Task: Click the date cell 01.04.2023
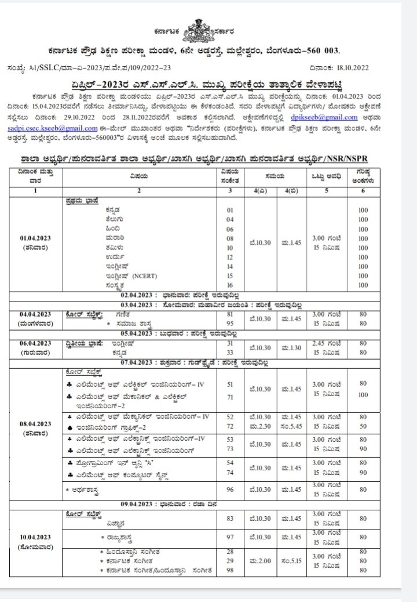coord(38,238)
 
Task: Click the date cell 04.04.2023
coord(38,313)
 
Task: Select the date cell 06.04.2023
coord(38,343)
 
